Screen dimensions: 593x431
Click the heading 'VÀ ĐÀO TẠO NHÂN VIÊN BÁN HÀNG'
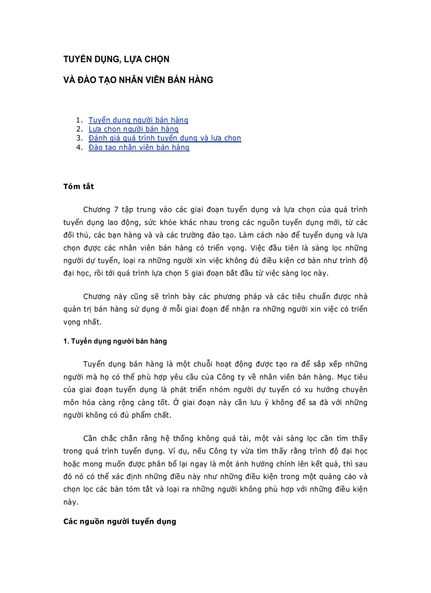138,80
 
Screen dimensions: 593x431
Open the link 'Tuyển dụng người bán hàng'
138,120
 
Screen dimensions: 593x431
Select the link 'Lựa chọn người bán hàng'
134,129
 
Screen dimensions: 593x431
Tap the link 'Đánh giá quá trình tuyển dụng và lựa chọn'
165,138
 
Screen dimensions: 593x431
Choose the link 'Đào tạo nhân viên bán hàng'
139,147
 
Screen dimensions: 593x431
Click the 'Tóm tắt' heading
79,186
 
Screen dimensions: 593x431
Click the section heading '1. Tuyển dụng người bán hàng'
115,341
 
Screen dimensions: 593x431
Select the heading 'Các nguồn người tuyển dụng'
119,521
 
